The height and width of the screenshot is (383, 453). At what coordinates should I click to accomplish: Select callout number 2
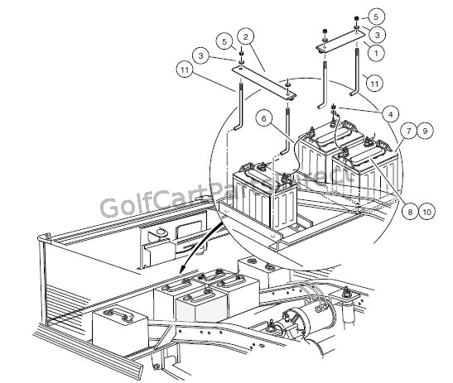(246, 36)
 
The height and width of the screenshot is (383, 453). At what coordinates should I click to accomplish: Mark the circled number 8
(409, 210)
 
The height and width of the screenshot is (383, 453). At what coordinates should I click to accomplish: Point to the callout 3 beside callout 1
(378, 34)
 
